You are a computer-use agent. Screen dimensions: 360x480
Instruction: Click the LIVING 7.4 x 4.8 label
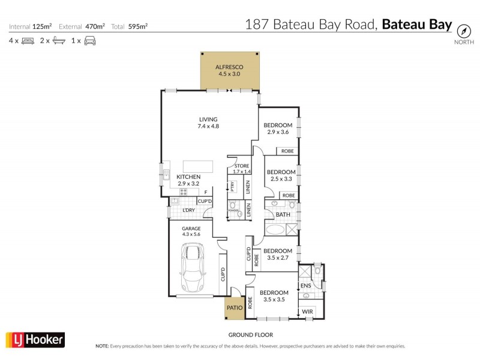coord(208,122)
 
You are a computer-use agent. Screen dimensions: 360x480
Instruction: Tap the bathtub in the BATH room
coord(277,230)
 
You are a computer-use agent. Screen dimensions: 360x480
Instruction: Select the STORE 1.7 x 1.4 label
coord(242,169)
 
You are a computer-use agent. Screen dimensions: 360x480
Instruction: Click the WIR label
coord(307,312)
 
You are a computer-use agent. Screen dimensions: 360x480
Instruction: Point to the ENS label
coord(305,286)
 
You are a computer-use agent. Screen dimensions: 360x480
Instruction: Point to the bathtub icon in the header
coord(58,41)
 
